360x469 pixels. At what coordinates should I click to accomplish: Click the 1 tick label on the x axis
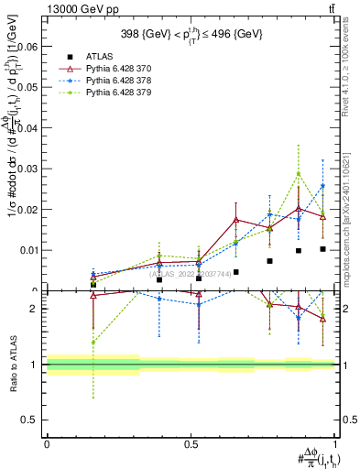[x=335, y=444]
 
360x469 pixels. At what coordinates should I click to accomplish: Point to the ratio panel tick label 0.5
[x=30, y=420]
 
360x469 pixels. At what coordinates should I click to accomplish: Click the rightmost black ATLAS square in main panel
[x=322, y=249]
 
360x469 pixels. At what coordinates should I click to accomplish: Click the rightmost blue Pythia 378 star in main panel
[x=322, y=186]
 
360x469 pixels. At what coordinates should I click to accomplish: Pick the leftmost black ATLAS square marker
[x=93, y=285]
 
